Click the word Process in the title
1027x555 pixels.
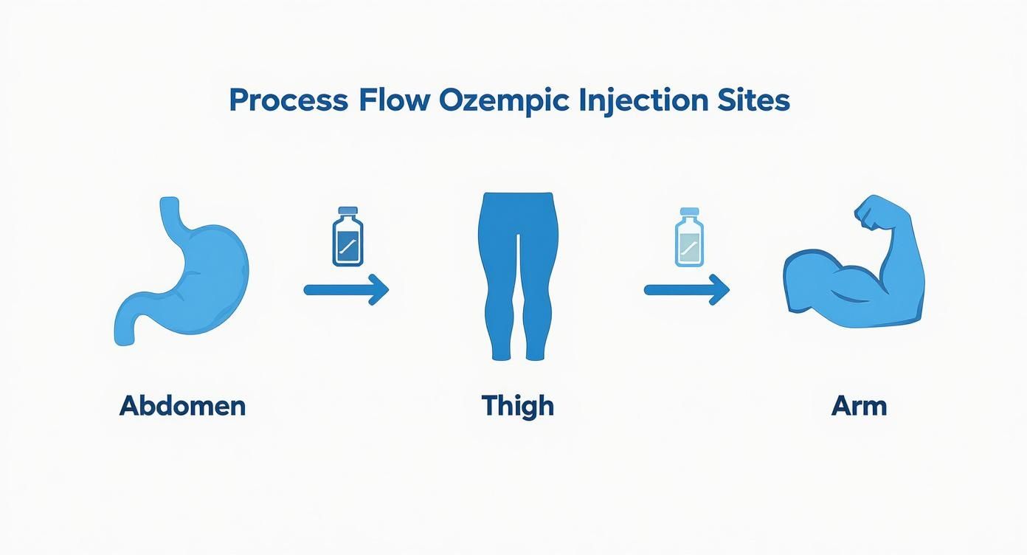(x=288, y=100)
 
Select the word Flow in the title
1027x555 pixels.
(x=394, y=100)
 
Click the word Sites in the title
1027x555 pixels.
(x=755, y=100)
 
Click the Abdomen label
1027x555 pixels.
(x=182, y=406)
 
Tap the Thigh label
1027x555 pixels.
(x=517, y=406)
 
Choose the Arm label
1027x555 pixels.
(x=859, y=406)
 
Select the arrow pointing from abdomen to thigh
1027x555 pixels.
(x=345, y=289)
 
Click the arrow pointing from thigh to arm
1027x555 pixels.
(x=686, y=289)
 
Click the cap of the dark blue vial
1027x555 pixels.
(x=347, y=212)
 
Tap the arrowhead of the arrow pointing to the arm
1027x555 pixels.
(x=719, y=289)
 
